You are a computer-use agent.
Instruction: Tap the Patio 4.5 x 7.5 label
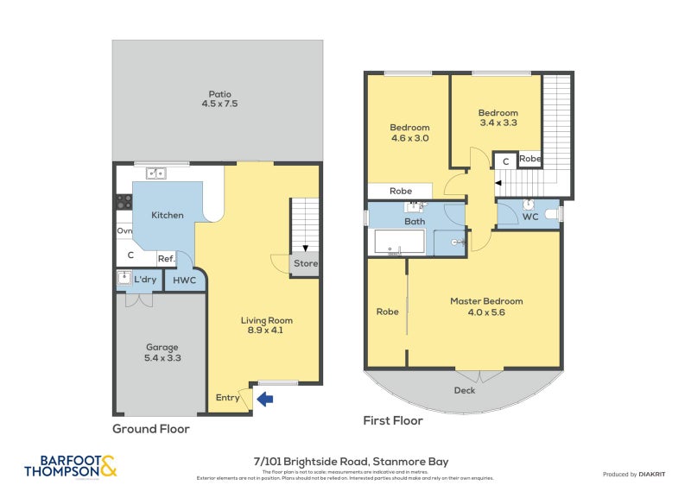click(x=219, y=99)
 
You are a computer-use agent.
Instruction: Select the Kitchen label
click(x=168, y=215)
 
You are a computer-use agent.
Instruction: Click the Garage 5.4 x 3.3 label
click(x=162, y=352)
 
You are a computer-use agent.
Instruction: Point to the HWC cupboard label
click(x=184, y=280)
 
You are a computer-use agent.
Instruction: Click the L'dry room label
click(x=145, y=280)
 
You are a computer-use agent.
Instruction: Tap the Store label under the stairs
click(x=306, y=264)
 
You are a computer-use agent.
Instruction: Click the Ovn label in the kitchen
click(x=124, y=231)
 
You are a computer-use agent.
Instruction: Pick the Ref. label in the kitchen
click(x=166, y=258)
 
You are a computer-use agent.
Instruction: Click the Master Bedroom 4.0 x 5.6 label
click(x=486, y=306)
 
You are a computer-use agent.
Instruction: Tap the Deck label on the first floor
click(x=465, y=390)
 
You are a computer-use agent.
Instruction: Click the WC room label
click(x=530, y=217)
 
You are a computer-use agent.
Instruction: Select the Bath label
click(x=415, y=222)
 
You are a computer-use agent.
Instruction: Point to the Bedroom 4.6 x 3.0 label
click(x=409, y=132)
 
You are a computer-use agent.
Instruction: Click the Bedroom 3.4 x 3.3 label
click(x=498, y=117)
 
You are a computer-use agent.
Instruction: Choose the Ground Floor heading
click(x=151, y=429)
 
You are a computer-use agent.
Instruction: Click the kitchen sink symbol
click(x=156, y=173)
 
